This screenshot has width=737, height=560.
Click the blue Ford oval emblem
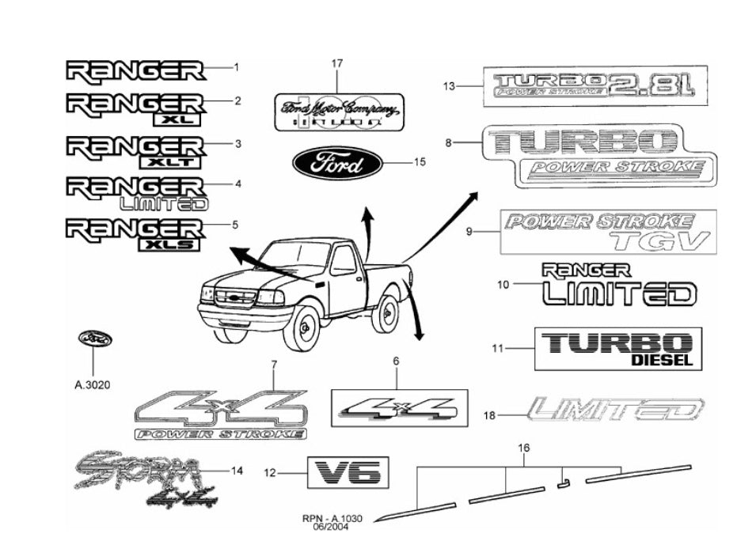point(338,165)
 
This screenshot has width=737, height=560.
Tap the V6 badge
point(348,474)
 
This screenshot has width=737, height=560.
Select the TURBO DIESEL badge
point(617,349)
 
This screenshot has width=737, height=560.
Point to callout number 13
point(449,86)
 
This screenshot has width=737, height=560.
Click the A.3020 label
point(92,385)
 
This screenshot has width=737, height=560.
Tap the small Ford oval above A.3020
point(94,339)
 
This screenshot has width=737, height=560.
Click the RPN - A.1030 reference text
point(332,518)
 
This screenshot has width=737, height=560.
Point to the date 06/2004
point(332,527)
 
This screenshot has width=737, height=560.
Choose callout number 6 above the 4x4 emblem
point(397,361)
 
